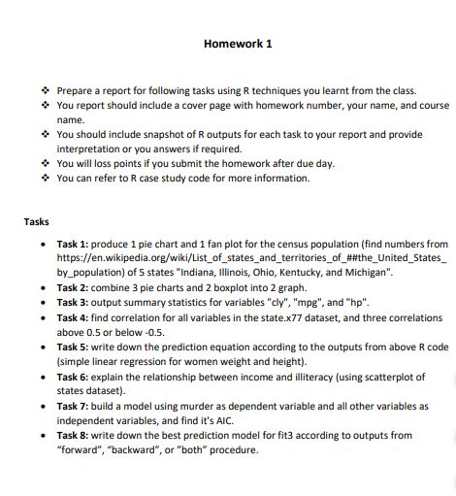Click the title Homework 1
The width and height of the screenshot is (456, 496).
[238, 44]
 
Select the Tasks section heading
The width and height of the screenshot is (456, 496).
[38, 222]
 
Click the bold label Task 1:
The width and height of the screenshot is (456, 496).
[74, 244]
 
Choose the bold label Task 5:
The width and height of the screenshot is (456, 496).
[74, 347]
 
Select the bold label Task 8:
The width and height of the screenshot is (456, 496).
[74, 436]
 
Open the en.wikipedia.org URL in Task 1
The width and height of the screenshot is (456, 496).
[253, 258]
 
